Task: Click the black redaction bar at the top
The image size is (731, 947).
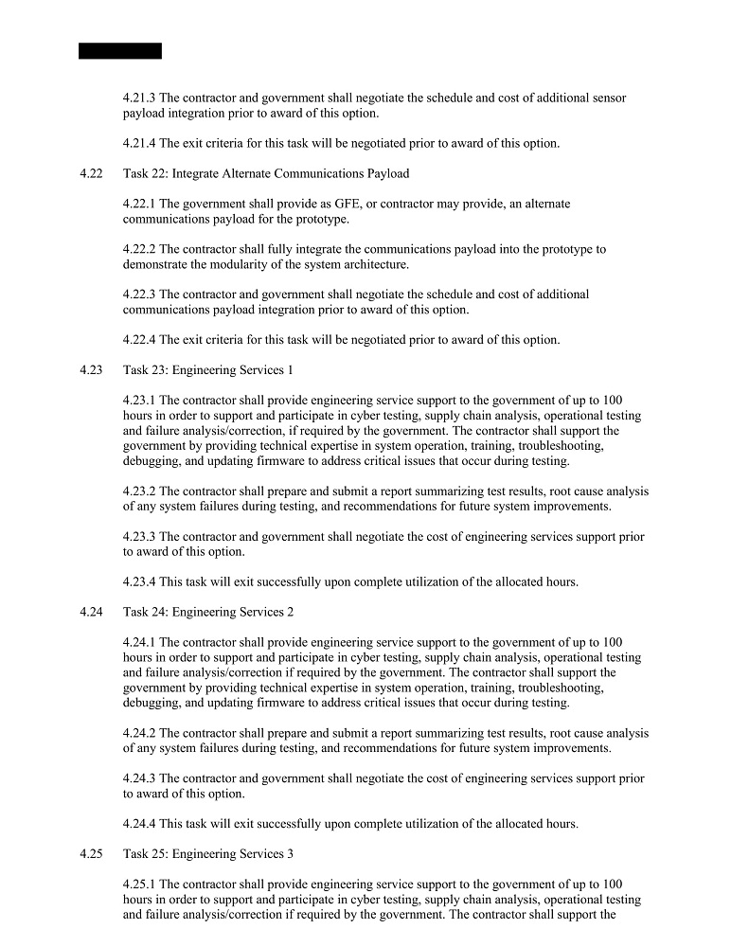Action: [120, 51]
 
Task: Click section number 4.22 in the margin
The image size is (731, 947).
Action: [91, 173]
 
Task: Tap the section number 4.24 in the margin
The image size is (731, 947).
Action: [91, 612]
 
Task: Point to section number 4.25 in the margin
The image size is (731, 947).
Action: [91, 853]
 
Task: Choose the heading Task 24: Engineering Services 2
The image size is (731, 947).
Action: [208, 612]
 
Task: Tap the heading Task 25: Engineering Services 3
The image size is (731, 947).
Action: [208, 853]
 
